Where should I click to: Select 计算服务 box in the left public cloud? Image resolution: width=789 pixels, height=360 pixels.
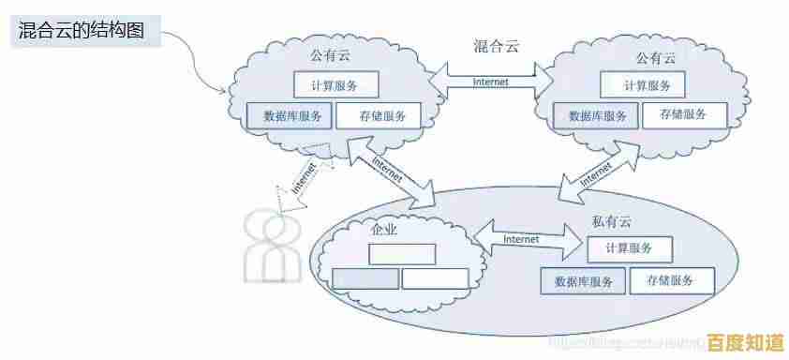coord(335,85)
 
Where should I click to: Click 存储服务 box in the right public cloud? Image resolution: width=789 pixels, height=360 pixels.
coord(682,114)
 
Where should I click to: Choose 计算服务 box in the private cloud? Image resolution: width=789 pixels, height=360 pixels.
coord(629,248)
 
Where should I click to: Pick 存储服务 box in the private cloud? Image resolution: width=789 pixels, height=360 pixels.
coord(670,280)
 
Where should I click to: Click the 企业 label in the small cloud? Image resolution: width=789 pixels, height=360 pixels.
coord(384,229)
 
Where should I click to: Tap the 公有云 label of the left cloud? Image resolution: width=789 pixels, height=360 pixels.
coord(330,56)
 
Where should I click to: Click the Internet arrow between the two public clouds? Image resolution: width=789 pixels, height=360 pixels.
coord(491,81)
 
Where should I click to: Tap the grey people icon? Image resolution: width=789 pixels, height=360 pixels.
coord(271,247)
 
